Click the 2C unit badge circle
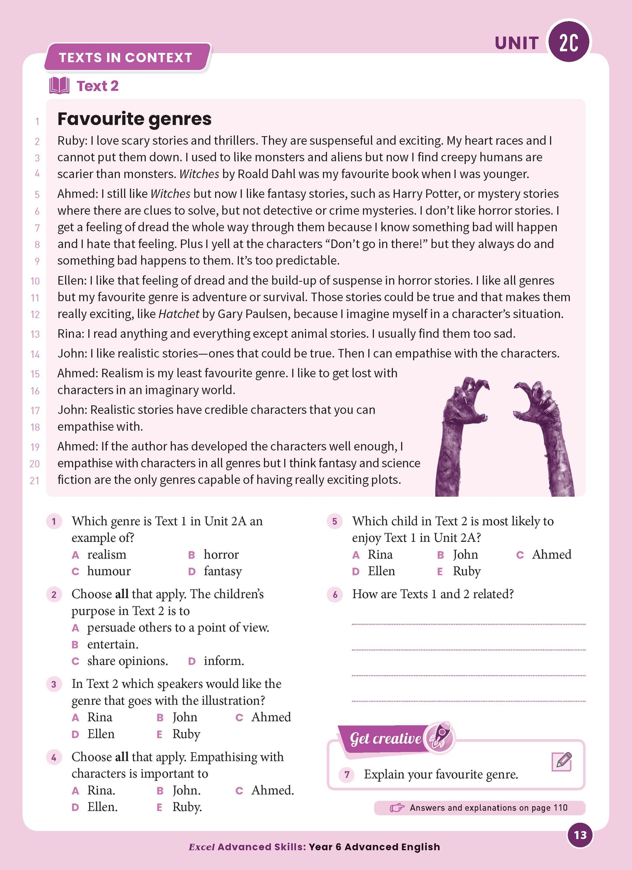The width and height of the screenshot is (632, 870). pyautogui.click(x=569, y=42)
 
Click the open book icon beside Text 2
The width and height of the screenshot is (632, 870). pyautogui.click(x=59, y=86)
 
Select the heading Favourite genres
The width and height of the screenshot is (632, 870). pyautogui.click(x=134, y=119)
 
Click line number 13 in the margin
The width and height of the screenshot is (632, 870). pyautogui.click(x=35, y=334)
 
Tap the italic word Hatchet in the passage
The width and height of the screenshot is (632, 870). pyautogui.click(x=178, y=314)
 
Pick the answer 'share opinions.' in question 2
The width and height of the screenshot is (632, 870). pyautogui.click(x=127, y=661)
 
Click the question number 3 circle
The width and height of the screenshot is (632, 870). pyautogui.click(x=54, y=684)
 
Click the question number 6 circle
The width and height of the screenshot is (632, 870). pyautogui.click(x=335, y=594)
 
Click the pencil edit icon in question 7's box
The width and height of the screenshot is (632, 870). pyautogui.click(x=562, y=762)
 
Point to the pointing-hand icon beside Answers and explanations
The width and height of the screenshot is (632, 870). pyautogui.click(x=397, y=808)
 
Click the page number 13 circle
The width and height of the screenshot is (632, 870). pyautogui.click(x=580, y=835)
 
